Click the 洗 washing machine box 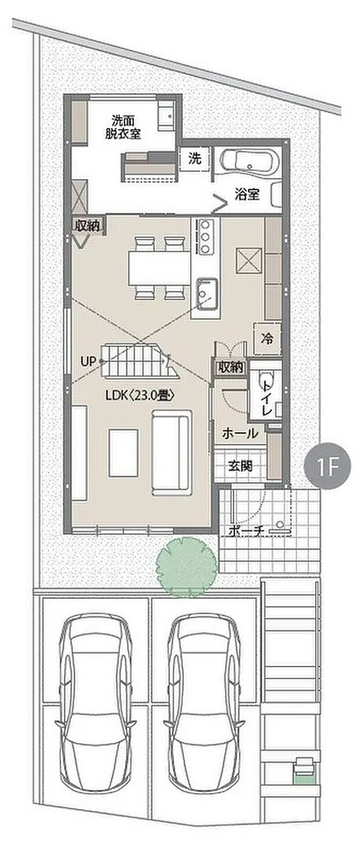195,158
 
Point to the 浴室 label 247,195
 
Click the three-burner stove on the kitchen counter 206,236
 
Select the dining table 159,268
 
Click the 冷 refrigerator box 267,337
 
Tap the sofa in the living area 171,452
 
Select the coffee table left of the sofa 123,452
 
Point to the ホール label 240,433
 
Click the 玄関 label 240,466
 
